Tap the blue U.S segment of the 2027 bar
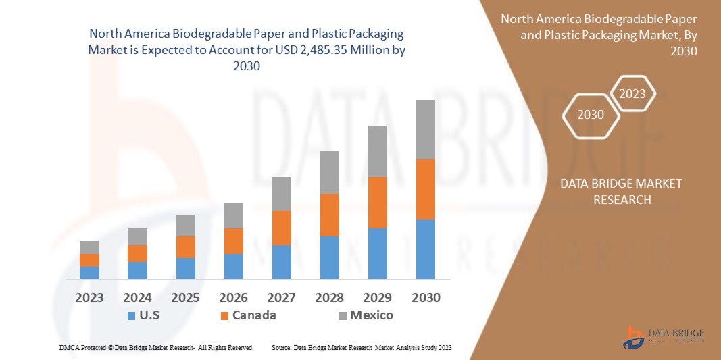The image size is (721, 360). click(x=281, y=261)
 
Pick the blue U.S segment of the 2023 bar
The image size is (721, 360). click(x=89, y=272)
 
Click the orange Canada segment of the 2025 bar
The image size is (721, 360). click(x=185, y=247)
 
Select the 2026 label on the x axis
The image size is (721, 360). click(x=233, y=297)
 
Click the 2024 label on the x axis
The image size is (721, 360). click(x=137, y=297)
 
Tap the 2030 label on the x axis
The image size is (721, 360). click(x=425, y=297)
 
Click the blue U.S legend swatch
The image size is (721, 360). click(x=131, y=315)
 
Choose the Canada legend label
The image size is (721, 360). click(x=254, y=315)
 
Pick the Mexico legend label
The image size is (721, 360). click(x=371, y=315)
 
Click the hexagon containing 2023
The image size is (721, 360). click(x=632, y=94)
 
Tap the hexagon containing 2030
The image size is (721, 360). click(x=591, y=115)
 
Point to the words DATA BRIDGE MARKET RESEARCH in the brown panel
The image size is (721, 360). click(x=621, y=191)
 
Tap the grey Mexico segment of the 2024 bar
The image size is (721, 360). click(x=137, y=236)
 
